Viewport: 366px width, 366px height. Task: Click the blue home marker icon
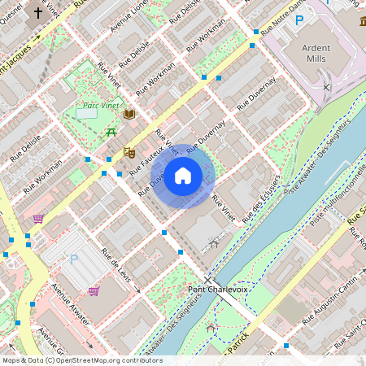point(183,176)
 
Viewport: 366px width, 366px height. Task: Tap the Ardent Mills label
point(316,53)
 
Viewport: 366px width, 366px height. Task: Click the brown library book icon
point(129,115)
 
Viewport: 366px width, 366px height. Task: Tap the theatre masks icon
point(128,151)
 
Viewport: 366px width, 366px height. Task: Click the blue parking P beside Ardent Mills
point(299,20)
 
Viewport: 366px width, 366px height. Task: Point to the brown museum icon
point(359,18)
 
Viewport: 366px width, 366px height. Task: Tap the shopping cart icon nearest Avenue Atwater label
point(94,290)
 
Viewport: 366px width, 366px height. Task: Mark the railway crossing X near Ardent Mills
point(326,86)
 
